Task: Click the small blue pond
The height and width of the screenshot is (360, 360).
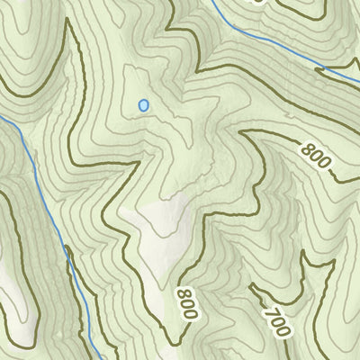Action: pyautogui.click(x=143, y=106)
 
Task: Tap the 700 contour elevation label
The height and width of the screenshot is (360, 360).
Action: pyautogui.click(x=276, y=318)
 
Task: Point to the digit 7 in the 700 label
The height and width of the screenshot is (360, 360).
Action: pyautogui.click(x=269, y=308)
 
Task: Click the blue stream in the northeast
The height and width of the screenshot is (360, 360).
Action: pyautogui.click(x=270, y=49)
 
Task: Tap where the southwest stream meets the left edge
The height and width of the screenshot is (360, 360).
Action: pyautogui.click(x=2, y=117)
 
